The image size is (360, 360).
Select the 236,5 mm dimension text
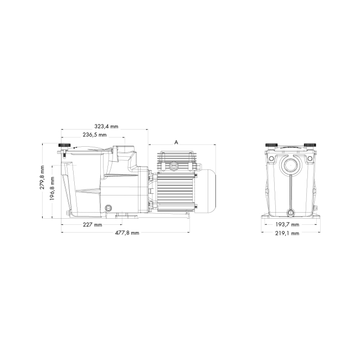(95, 135)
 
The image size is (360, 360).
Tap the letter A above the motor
(176, 142)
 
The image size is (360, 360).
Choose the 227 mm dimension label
(92, 225)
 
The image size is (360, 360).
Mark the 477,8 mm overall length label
(126, 233)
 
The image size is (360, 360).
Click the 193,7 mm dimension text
(288, 225)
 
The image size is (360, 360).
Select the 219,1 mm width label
(288, 233)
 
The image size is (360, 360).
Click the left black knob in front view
(271, 145)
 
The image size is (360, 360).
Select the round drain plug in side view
(109, 208)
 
